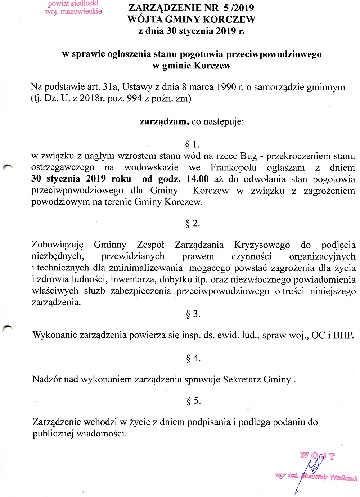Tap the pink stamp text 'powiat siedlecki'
coord(73,4)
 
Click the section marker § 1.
coord(192,145)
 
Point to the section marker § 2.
coord(193,223)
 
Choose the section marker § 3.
coord(193,314)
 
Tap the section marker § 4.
coord(193,358)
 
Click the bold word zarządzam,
coord(165,122)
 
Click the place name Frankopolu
coord(234,167)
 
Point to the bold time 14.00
coord(197,179)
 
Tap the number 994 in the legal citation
coord(134,98)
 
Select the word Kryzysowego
coord(262,245)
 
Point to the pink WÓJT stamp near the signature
coord(318,456)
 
